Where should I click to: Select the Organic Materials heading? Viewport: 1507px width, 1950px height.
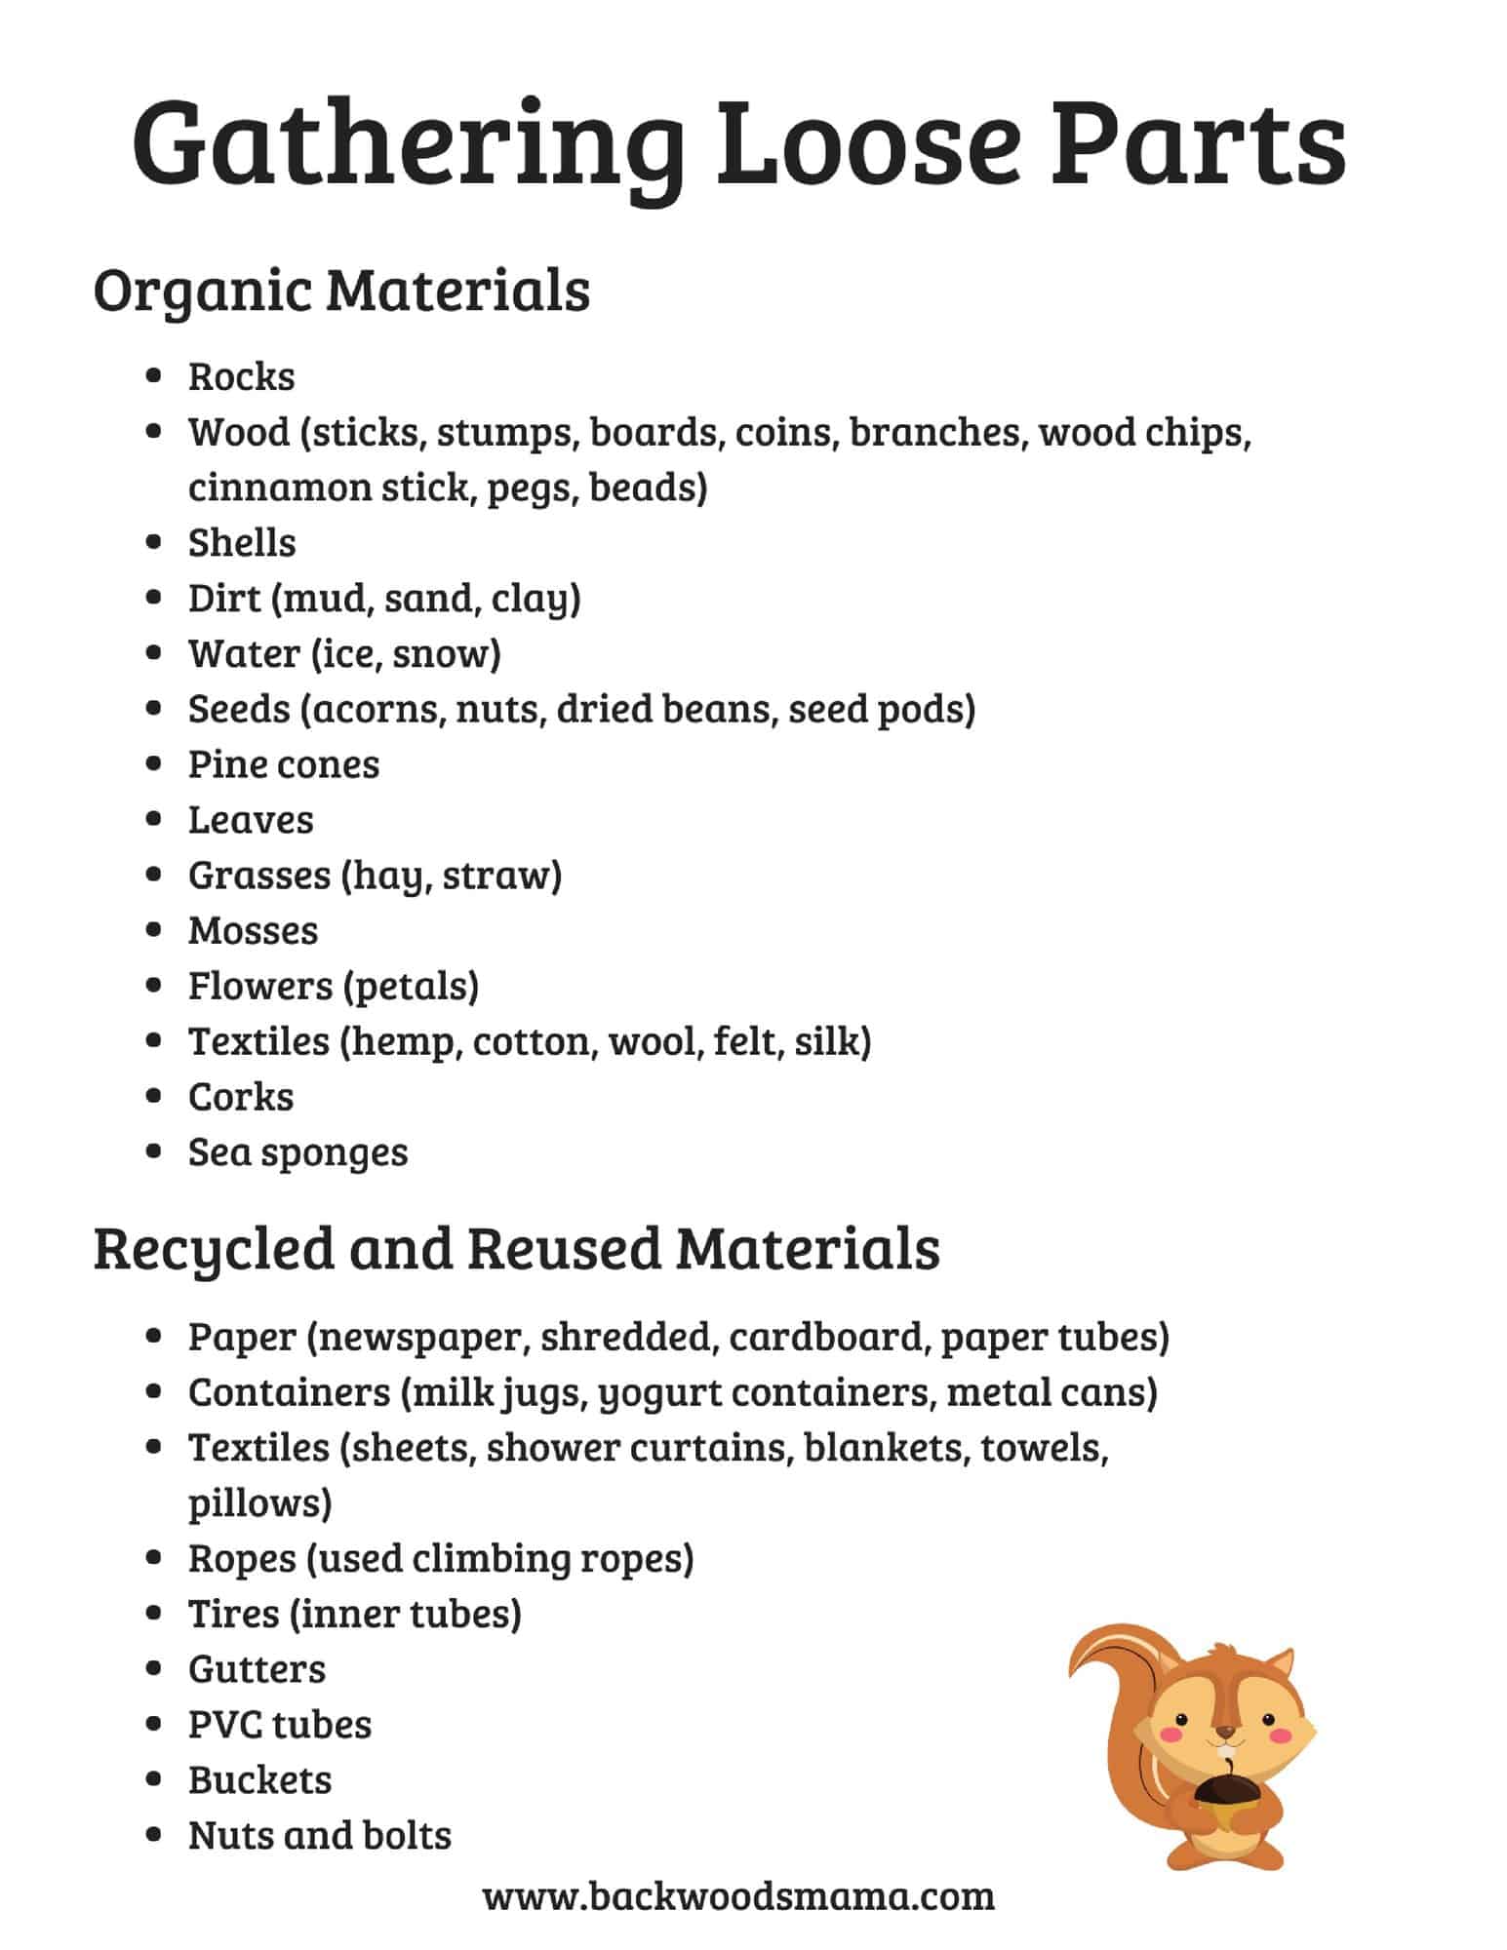[341, 290]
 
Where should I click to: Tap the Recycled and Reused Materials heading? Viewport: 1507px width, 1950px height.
[516, 1248]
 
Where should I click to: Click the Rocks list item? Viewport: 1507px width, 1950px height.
[241, 376]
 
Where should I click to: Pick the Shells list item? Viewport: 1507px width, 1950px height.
[241, 543]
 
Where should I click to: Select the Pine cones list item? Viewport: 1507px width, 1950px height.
[283, 764]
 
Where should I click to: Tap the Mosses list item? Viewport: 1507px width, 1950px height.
[253, 931]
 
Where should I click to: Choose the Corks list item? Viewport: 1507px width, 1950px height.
[240, 1097]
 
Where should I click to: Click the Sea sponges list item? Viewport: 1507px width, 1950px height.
[297, 1152]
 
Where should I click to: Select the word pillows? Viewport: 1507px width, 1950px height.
[259, 1502]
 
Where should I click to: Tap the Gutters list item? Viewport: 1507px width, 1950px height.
[257, 1669]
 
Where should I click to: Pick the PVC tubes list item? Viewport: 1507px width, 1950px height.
[279, 1725]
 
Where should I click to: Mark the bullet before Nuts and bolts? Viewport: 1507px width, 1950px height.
[153, 1835]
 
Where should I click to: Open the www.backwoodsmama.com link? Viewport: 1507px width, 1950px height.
[738, 1896]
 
